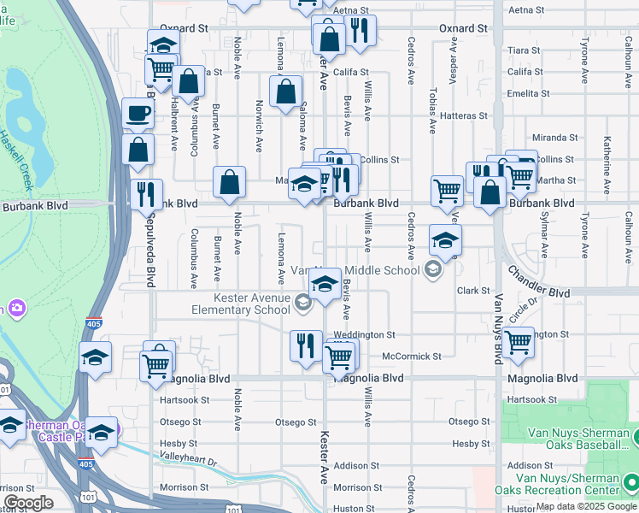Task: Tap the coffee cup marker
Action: [x=138, y=114]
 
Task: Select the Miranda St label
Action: [x=554, y=138]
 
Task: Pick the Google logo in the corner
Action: [x=28, y=503]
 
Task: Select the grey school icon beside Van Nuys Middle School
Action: [x=433, y=270]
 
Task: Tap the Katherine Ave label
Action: [x=607, y=152]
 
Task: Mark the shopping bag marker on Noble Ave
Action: [x=229, y=182]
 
